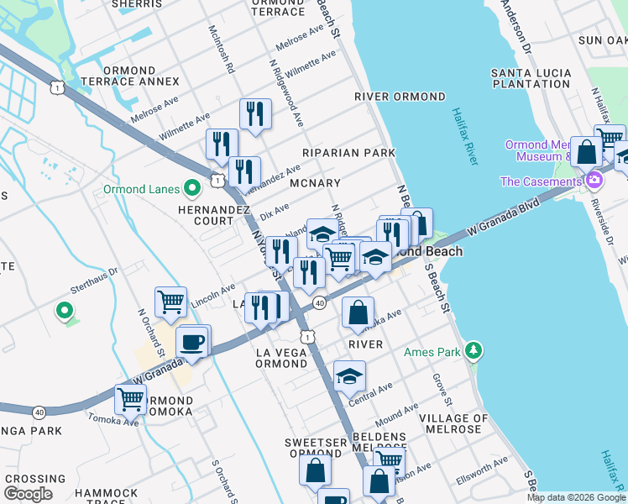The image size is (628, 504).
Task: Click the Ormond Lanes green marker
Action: tap(191, 189)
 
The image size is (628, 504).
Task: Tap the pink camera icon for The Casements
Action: tap(594, 181)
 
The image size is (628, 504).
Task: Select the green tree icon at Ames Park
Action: tap(474, 349)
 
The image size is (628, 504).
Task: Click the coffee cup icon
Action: tap(192, 343)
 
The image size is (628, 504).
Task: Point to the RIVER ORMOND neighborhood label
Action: tap(400, 97)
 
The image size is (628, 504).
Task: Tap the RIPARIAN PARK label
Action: tap(350, 153)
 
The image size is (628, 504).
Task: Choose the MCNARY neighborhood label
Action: tap(315, 183)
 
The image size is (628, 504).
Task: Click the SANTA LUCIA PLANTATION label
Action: tap(531, 78)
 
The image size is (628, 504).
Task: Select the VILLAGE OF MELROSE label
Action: tap(453, 424)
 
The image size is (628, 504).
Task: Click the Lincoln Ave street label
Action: tap(213, 296)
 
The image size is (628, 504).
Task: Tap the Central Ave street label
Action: tap(373, 392)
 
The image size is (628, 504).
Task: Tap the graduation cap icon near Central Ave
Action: tap(349, 377)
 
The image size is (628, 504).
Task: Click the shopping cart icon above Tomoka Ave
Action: tap(130, 400)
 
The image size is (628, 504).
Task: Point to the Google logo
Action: tap(28, 494)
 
